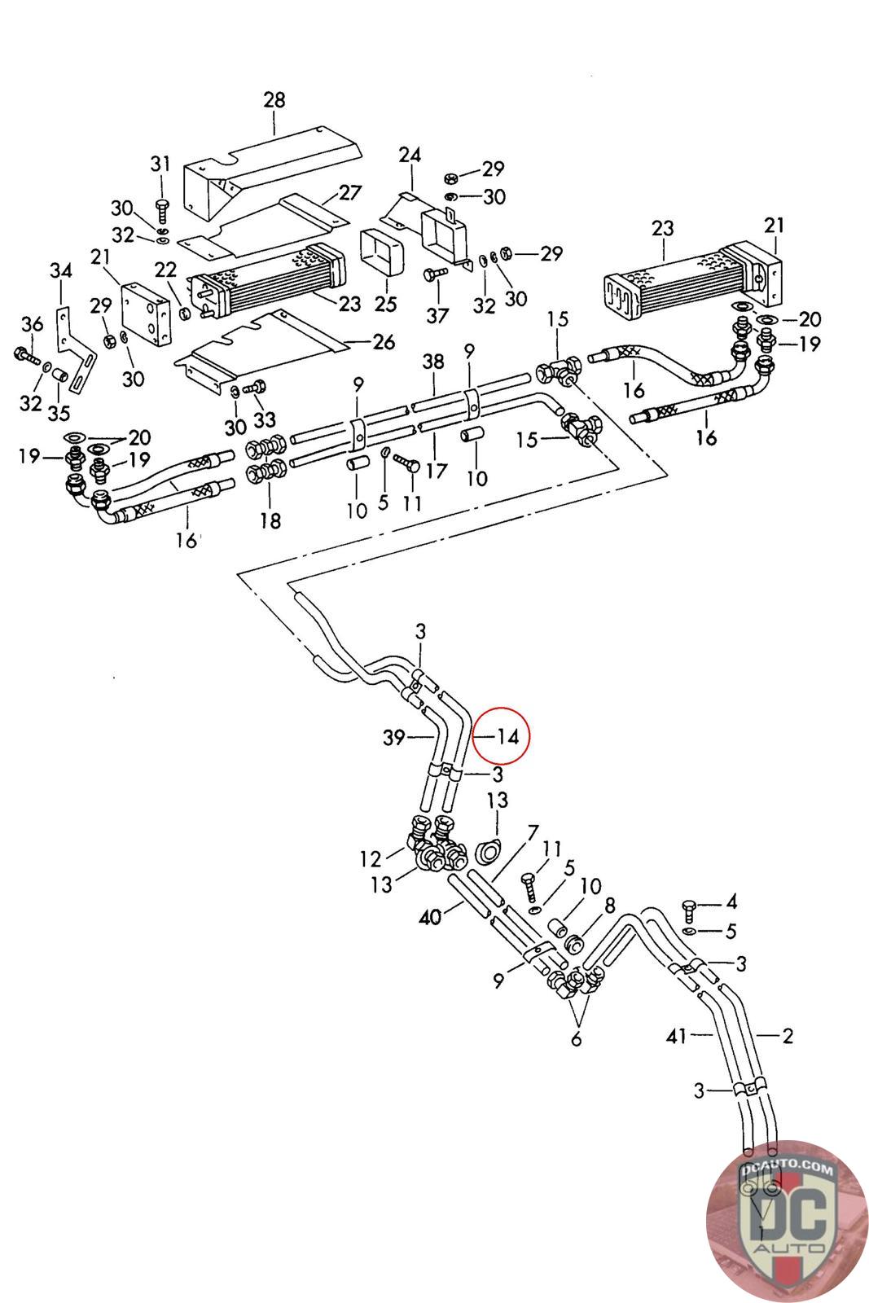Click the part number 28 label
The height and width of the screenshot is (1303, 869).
coord(274,100)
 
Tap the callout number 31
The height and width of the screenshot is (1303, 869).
coord(160,164)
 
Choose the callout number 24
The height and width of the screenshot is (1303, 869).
coord(410,155)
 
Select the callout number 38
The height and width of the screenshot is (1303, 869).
coord(433,362)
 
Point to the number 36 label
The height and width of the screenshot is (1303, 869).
coord(32,324)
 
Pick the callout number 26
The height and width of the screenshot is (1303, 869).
coord(384,341)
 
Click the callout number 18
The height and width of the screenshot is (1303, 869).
coord(270,520)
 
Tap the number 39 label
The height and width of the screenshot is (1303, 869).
coord(394,738)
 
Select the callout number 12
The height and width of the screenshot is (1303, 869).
coord(370,858)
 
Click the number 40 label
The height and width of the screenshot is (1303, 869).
coord(430,918)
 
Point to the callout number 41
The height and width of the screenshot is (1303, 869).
coord(676,1035)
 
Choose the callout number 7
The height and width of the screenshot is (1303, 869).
coord(533,833)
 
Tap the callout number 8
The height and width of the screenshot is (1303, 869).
coord(609,905)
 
